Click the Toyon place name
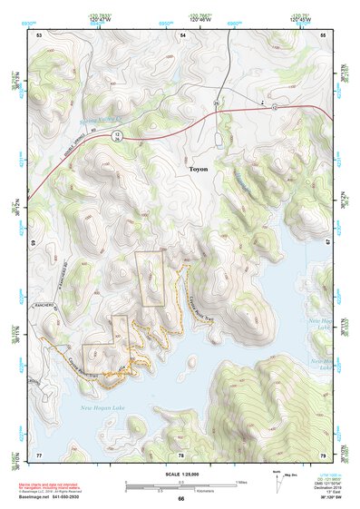(x=198, y=169)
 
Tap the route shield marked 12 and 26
(x=118, y=135)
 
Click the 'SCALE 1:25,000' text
(x=180, y=472)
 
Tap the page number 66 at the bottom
(x=180, y=499)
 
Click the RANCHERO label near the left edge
(x=41, y=305)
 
